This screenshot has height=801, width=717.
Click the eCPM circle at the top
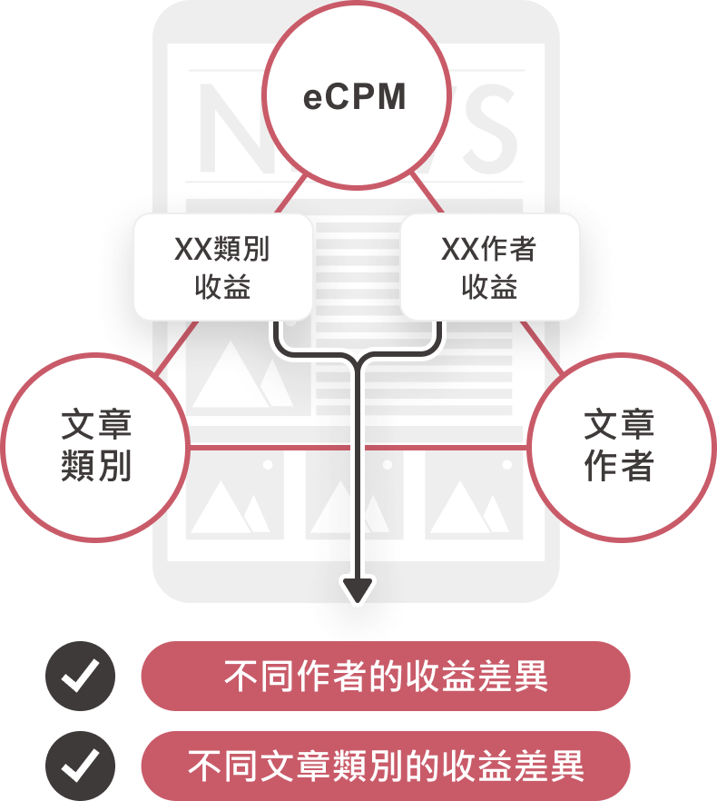356,95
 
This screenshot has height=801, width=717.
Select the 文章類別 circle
95,447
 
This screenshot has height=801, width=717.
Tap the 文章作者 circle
620,447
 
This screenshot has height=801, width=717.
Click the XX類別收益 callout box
222,267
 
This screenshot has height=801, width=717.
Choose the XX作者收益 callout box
489,267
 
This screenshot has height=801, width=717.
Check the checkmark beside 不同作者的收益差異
80,677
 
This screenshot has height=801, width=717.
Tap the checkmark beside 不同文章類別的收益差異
80,766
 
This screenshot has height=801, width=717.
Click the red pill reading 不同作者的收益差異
385,677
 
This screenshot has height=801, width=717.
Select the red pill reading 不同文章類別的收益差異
385,766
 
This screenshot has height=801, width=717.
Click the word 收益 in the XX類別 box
222,287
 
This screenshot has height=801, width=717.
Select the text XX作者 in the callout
489,249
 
